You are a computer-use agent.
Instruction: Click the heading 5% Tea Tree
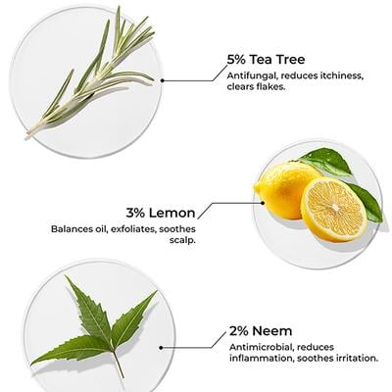(266, 60)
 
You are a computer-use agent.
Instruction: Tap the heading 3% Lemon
(161, 213)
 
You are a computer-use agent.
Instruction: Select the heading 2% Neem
(261, 331)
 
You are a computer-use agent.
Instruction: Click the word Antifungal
(252, 76)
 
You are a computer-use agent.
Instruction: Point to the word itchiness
(341, 75)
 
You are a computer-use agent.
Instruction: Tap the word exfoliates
(133, 229)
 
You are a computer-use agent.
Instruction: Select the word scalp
(182, 241)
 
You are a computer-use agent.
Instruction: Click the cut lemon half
(333, 210)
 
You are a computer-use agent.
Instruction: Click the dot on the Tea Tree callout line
(163, 80)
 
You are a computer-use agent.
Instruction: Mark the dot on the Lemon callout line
(263, 203)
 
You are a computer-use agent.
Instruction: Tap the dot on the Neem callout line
(161, 348)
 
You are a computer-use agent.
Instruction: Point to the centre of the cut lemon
(335, 208)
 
